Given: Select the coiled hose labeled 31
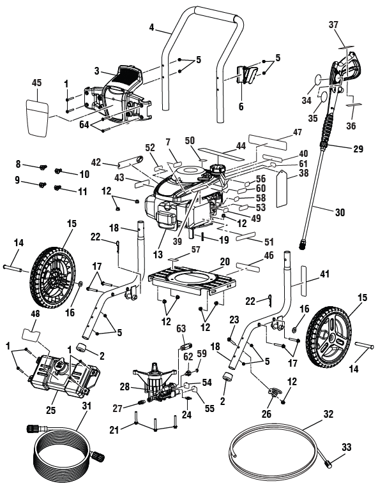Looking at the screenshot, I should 61,454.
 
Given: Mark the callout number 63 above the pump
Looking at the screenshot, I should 180,328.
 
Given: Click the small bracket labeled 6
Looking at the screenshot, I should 246,75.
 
